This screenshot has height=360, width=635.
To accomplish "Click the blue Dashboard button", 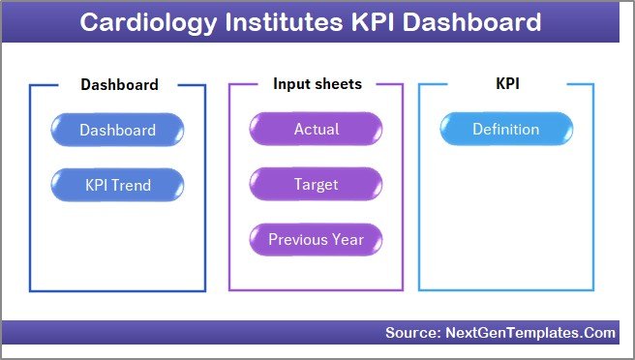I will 117,130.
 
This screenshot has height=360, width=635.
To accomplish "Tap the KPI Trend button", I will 117,184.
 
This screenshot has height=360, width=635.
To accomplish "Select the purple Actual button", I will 316,130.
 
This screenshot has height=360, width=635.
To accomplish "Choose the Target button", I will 316,184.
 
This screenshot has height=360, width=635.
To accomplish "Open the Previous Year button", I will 316,239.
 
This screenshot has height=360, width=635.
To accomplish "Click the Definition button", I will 505,130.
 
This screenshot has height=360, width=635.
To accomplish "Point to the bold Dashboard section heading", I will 119,85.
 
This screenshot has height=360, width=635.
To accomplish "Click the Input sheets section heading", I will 317,84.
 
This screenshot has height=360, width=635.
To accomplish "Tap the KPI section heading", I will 507,84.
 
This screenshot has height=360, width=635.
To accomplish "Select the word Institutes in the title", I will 277,22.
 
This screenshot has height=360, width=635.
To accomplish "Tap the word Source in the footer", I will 412,333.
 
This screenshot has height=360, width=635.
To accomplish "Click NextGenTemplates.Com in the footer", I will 529,333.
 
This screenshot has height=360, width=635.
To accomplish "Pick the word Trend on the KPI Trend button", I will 133,184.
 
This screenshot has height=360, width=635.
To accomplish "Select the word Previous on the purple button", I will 299,239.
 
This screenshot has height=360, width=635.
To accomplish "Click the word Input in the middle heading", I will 290,84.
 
